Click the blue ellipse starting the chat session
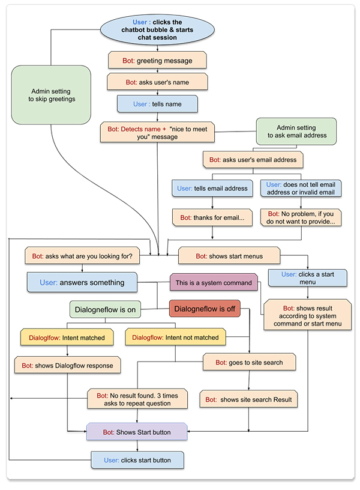[157, 29]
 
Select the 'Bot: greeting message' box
[157, 60]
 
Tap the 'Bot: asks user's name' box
[157, 81]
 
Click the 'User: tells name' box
[157, 103]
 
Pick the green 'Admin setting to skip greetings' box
[52, 95]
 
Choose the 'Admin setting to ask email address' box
[296, 132]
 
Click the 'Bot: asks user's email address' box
[253, 160]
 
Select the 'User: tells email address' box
[212, 188]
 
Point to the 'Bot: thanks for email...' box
[211, 217]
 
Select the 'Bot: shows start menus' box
[229, 256]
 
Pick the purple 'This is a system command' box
[213, 282]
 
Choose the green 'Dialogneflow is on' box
[105, 310]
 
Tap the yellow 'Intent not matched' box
[175, 337]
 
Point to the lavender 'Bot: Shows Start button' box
[137, 432]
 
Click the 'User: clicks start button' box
[137, 460]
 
